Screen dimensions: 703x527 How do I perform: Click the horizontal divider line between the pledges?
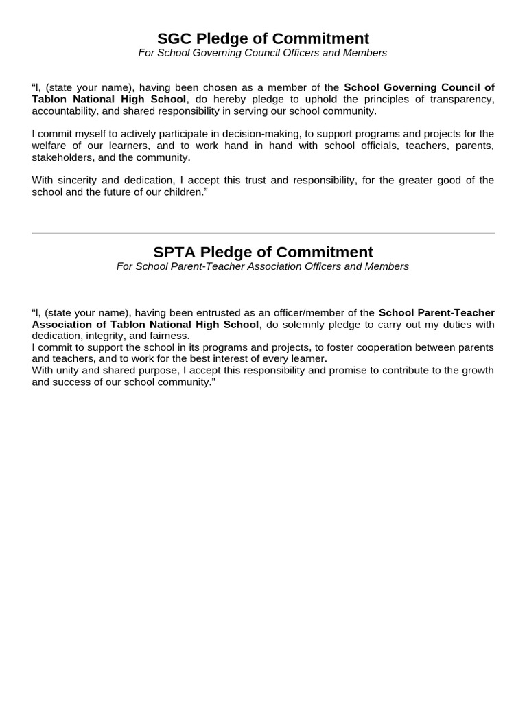coord(263,233)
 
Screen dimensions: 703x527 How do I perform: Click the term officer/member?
coord(305,313)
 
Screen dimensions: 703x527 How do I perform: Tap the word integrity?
coord(105,336)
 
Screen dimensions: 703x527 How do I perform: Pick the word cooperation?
coord(375,347)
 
